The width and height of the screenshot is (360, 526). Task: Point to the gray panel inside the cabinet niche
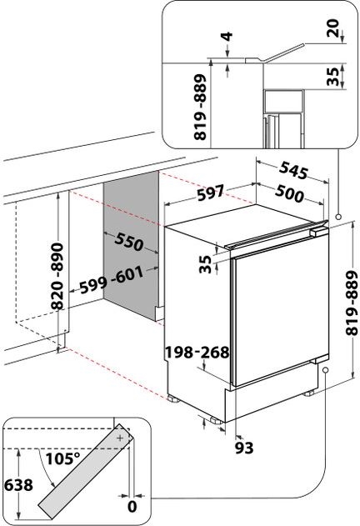131,250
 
